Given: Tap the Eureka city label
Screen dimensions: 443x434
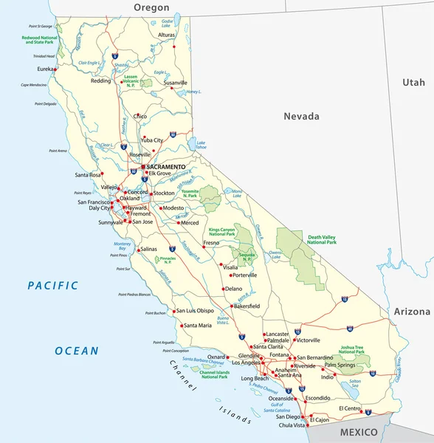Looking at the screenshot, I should [46, 69].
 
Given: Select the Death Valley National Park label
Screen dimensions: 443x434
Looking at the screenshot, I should [321, 239].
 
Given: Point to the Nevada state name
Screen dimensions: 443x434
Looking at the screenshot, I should [302, 116].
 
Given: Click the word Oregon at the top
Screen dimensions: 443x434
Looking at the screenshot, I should [151, 7].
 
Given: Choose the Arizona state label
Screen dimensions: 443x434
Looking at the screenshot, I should [411, 312].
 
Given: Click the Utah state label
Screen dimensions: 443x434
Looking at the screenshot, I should [413, 83].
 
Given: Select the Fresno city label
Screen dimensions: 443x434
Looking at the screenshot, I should [211, 243].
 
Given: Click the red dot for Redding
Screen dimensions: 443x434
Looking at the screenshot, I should [111, 81].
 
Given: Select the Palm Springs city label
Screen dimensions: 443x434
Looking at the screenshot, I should [340, 365].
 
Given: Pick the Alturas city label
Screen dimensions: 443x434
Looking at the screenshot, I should [167, 35].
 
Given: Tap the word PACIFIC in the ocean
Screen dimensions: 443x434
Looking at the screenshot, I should [52, 285].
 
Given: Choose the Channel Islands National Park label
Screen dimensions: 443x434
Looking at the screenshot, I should [214, 374].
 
